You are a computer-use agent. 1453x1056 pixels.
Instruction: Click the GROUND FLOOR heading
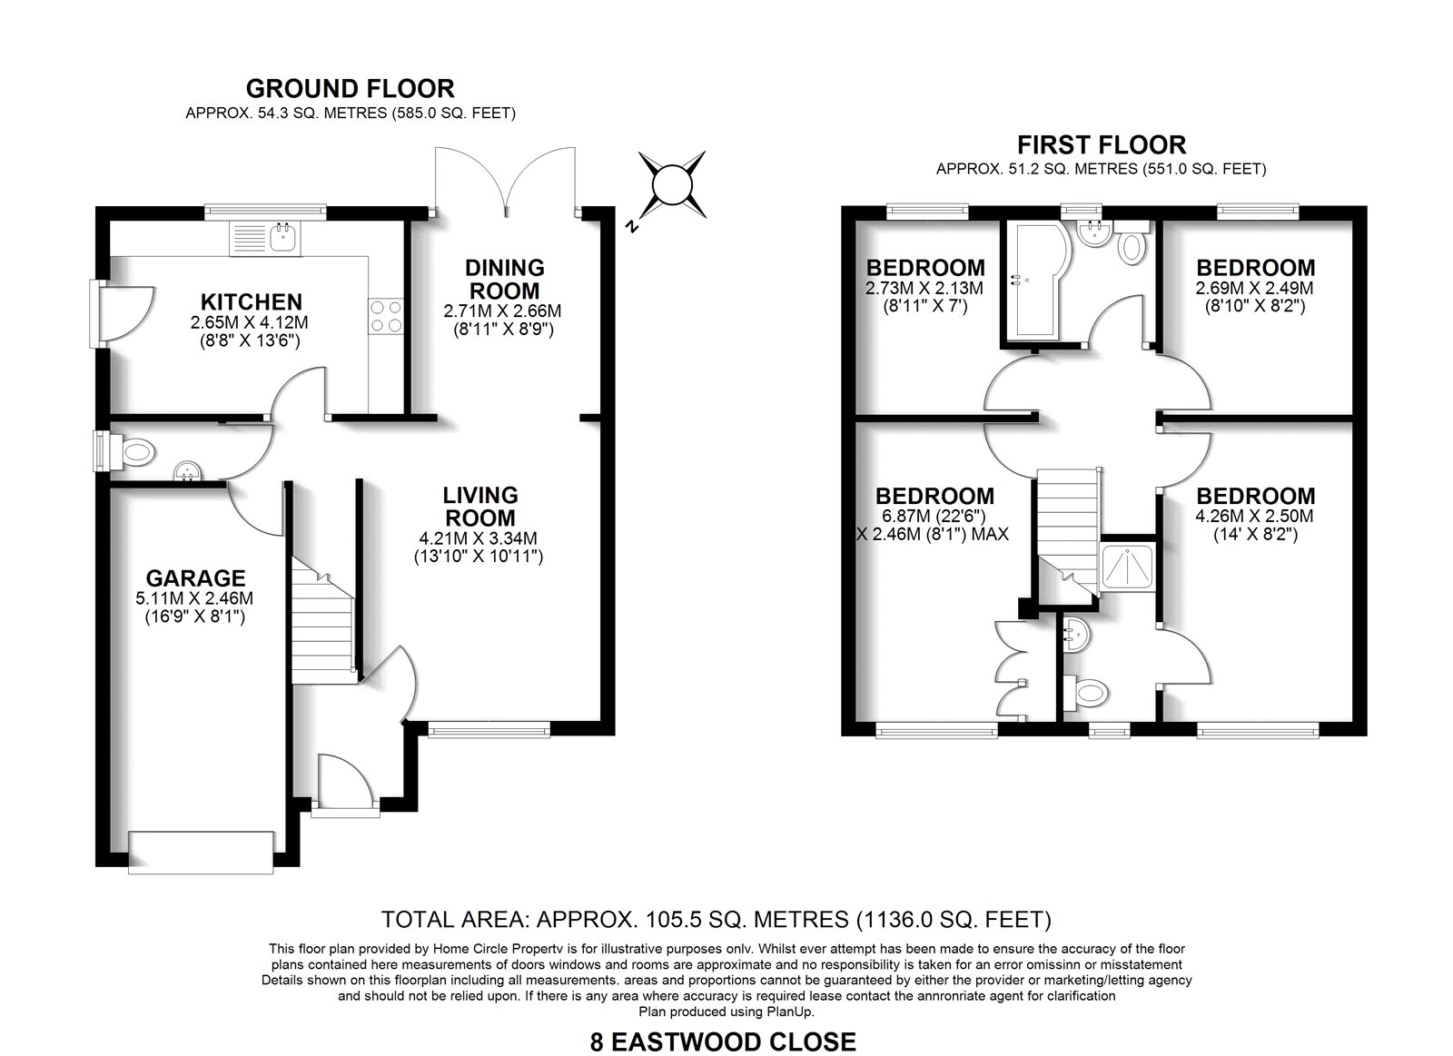(x=351, y=88)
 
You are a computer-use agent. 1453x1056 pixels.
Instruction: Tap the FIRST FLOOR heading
(x=1102, y=144)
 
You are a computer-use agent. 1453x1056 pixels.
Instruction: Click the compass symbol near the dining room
(x=672, y=185)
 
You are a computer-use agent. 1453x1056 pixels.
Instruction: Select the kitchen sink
(x=264, y=238)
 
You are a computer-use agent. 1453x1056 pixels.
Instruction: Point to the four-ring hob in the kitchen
(x=385, y=316)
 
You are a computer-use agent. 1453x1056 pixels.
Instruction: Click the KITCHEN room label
(x=251, y=301)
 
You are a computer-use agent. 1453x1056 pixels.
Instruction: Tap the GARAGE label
(x=196, y=578)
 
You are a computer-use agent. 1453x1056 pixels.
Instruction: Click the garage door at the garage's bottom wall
(x=201, y=852)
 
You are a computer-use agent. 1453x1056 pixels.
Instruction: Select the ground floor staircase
(x=322, y=620)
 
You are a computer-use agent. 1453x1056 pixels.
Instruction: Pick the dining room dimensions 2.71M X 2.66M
(x=502, y=311)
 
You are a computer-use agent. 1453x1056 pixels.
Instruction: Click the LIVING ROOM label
(x=480, y=507)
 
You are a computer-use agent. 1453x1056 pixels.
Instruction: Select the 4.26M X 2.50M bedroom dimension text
(x=1255, y=517)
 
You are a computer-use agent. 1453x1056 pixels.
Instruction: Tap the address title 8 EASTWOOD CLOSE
(x=723, y=1042)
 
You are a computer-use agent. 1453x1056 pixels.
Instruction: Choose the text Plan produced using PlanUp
(x=726, y=1012)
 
